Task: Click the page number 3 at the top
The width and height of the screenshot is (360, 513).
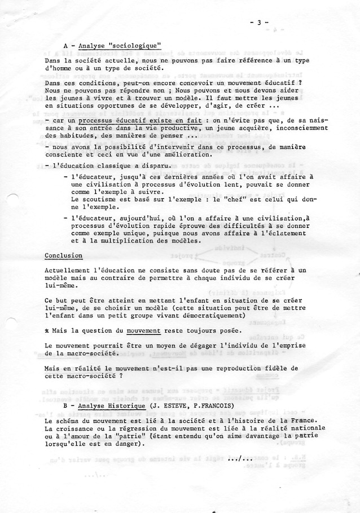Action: click(258, 23)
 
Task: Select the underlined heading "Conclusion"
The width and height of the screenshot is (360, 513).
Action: click(64, 255)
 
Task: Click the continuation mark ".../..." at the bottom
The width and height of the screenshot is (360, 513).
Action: click(240, 458)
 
